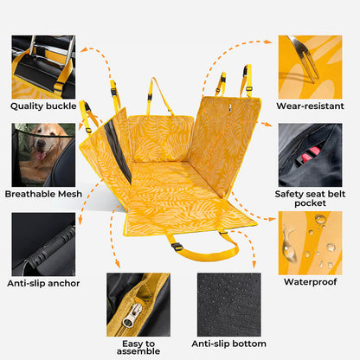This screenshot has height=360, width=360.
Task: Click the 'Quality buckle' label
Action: (43, 106)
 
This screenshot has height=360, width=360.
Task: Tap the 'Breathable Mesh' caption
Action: (43, 194)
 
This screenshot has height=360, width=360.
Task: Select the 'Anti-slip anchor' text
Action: (43, 283)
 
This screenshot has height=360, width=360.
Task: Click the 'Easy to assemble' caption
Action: (138, 347)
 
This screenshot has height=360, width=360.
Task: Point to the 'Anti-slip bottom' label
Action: (228, 344)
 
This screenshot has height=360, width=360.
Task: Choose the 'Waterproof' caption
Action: (310, 281)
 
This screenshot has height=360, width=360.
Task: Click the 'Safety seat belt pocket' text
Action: (310, 198)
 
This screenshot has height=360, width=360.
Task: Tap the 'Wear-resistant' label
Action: (310, 106)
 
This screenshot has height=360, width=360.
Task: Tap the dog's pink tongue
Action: (41, 156)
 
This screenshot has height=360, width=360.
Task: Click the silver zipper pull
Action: (131, 315)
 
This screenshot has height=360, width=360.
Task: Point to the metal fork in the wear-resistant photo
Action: (304, 59)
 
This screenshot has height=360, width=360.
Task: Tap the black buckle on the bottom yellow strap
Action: (177, 247)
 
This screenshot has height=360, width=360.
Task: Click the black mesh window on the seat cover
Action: (117, 151)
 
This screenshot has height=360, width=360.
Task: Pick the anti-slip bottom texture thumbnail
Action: (229, 305)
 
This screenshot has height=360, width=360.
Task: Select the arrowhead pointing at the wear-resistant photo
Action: (268, 42)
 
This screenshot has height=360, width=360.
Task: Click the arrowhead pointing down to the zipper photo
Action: (117, 264)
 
